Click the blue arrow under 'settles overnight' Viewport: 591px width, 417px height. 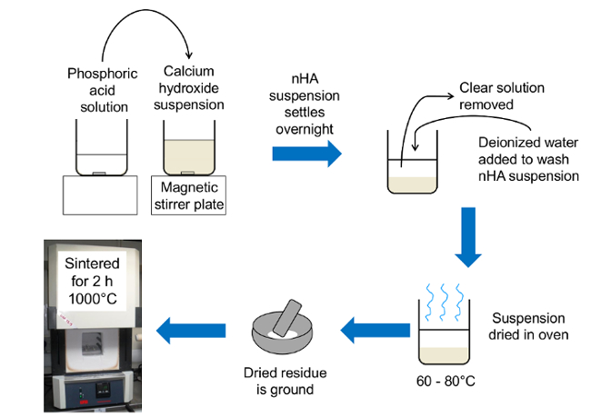[x=306, y=154]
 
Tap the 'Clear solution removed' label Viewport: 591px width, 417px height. [x=499, y=96]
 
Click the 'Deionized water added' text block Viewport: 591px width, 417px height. [x=528, y=159]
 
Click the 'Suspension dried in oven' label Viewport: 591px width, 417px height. [x=530, y=327]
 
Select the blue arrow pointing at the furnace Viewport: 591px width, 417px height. [x=191, y=326]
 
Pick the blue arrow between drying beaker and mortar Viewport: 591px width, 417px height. [x=374, y=326]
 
